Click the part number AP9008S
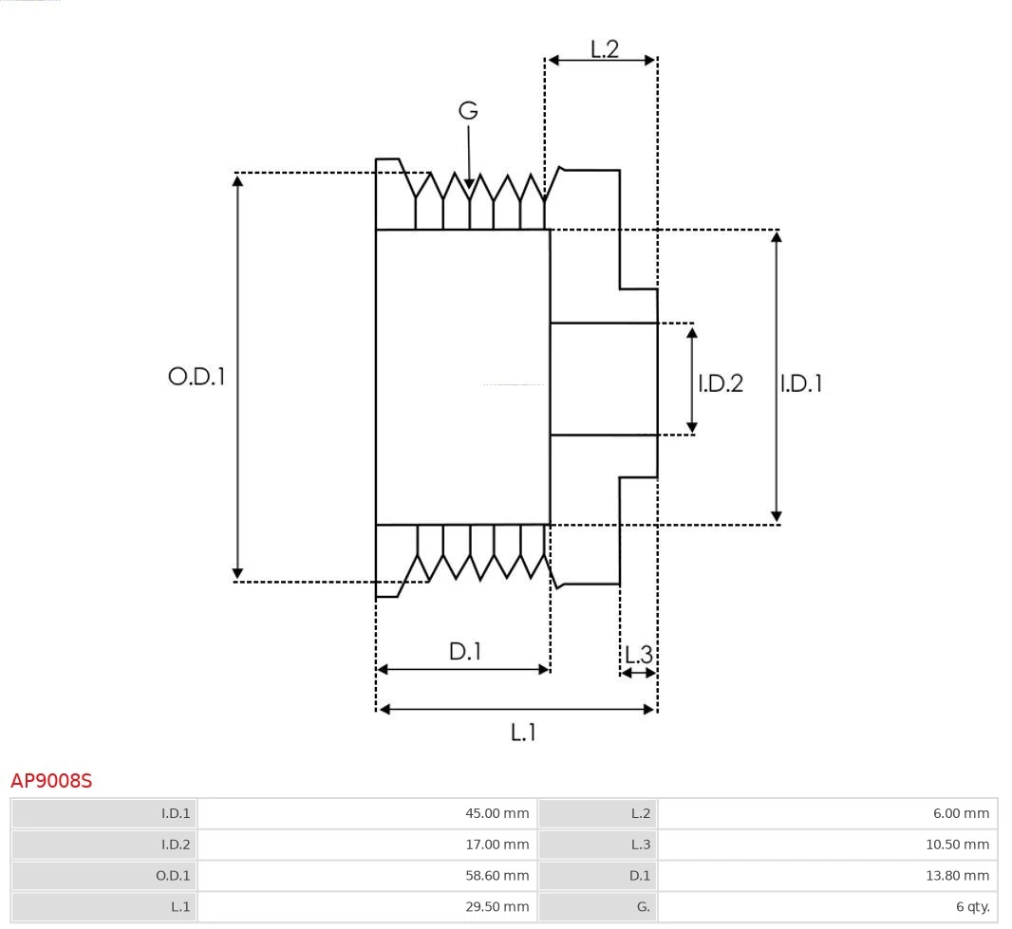click(x=51, y=781)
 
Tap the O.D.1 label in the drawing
click(x=197, y=377)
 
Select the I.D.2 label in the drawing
click(x=721, y=383)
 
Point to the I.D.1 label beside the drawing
click(x=800, y=383)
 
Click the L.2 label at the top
click(x=605, y=48)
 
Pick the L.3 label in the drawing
click(x=639, y=654)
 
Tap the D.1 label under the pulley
click(x=465, y=652)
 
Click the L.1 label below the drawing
click(x=523, y=732)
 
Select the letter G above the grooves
click(x=468, y=111)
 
